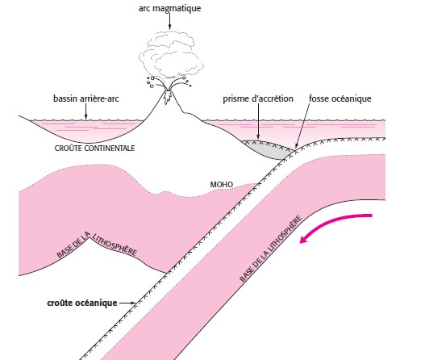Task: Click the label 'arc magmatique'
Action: [x=169, y=8]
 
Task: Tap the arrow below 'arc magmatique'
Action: [x=170, y=21]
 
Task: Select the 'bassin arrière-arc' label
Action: [x=86, y=98]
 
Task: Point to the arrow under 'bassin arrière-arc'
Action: [x=86, y=111]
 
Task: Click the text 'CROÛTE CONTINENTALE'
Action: [x=94, y=149]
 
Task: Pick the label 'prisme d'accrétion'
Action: [x=258, y=98]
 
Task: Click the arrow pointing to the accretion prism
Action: [x=258, y=122]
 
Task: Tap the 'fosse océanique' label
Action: [x=340, y=98]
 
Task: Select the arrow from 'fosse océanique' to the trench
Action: [x=302, y=126]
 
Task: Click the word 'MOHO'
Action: [x=222, y=185]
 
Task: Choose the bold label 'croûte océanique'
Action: [x=82, y=303]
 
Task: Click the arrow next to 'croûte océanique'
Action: [x=127, y=303]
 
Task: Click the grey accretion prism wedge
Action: [x=268, y=149]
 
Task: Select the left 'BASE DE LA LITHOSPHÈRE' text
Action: [x=97, y=245]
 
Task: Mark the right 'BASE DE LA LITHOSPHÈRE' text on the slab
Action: [x=270, y=249]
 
